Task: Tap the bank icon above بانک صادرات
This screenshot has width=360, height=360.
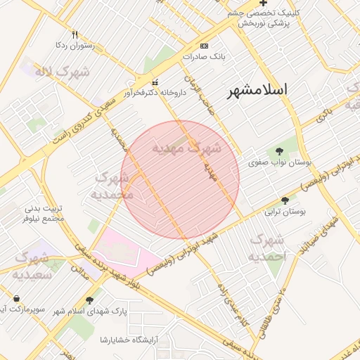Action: (205, 45)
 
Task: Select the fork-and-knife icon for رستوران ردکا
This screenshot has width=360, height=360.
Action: (75, 33)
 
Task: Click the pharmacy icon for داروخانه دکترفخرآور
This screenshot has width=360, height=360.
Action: (155, 82)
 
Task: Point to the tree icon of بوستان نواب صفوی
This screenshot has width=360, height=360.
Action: (280, 151)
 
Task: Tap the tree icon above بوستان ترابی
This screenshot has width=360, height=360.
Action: (285, 200)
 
